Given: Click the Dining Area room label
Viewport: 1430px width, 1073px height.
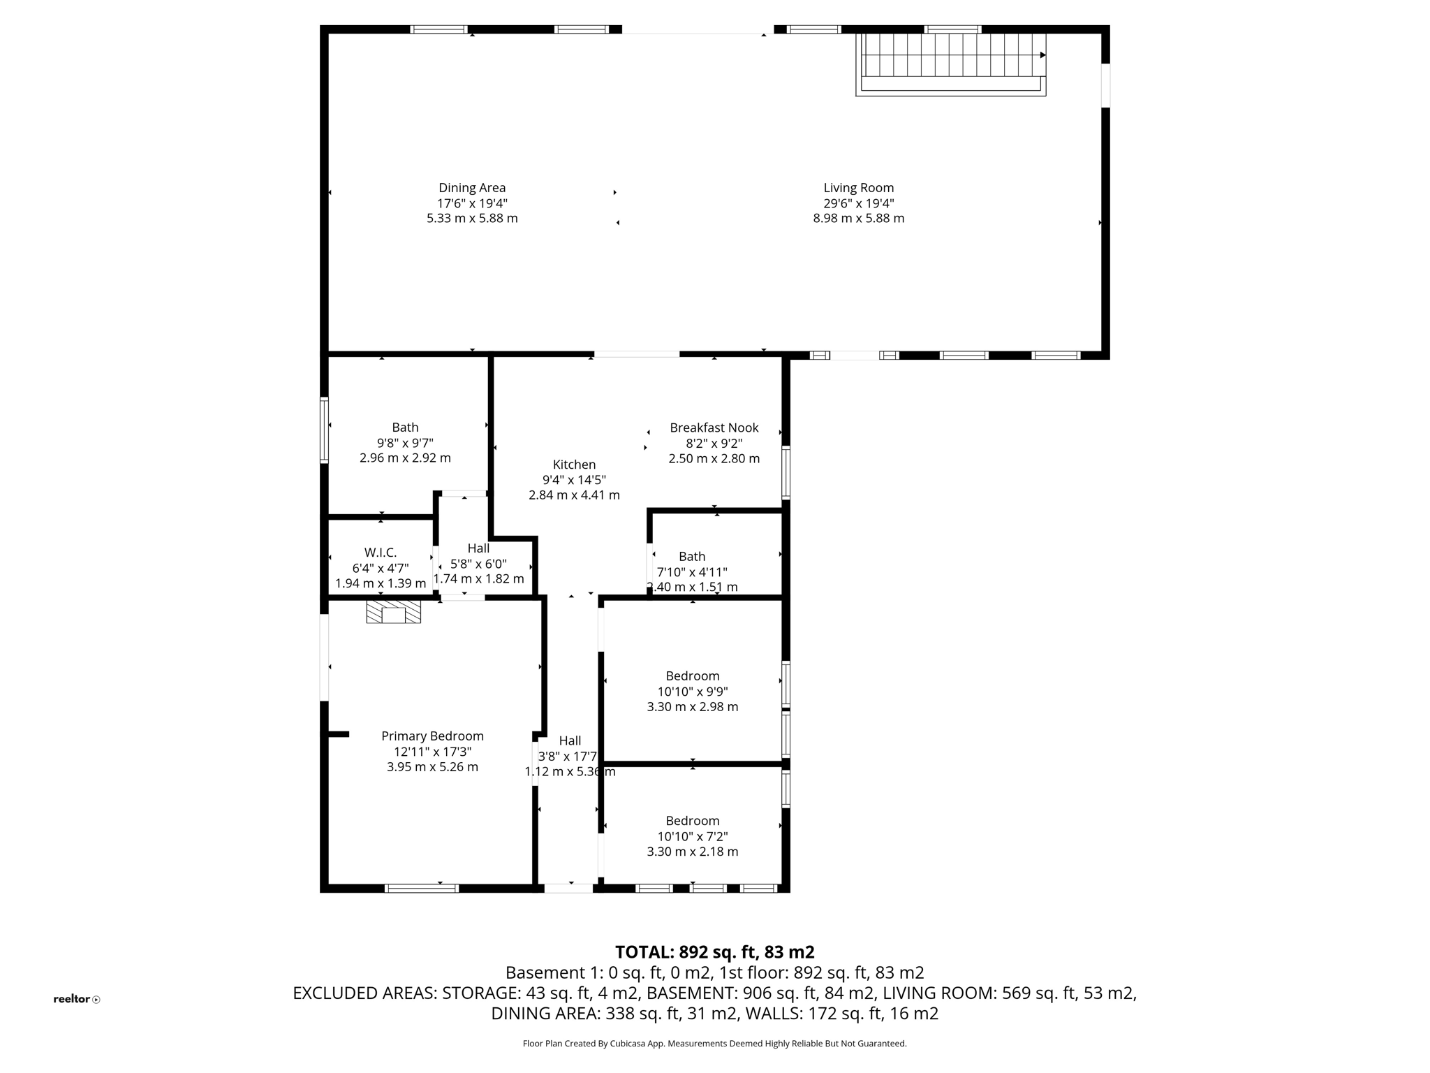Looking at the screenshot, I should point(472,188).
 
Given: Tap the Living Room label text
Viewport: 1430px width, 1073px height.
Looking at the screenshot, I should point(858,188).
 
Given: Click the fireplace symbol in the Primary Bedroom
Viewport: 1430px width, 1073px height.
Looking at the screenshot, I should point(394,612).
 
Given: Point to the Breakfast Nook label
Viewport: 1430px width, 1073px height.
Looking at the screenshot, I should point(714,428).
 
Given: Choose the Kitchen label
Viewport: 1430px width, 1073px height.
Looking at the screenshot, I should point(574,465).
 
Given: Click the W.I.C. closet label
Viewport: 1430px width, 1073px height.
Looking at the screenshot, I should point(381,553).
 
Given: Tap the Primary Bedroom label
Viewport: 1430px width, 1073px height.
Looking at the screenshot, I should point(432,736).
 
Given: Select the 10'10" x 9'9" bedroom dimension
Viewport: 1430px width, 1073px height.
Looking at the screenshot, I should point(692,692).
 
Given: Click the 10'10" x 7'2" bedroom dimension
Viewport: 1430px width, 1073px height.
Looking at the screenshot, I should point(692,836).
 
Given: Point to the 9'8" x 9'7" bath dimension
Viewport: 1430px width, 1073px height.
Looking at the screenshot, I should point(405,443).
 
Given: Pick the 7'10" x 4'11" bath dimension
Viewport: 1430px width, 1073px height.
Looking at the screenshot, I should point(692,572).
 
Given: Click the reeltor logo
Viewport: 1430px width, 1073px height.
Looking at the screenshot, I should point(76,999).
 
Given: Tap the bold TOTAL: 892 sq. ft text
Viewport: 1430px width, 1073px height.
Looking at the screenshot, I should point(714,952).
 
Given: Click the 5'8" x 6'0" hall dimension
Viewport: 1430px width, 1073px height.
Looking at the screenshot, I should point(478,564).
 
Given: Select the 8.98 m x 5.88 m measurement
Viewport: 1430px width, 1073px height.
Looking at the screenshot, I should point(858,218).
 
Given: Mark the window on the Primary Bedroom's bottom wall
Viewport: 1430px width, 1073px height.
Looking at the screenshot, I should point(422,889).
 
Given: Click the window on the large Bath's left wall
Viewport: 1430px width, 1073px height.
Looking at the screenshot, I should point(324,430).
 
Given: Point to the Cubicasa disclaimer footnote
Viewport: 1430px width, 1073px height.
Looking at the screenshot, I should point(714,1044).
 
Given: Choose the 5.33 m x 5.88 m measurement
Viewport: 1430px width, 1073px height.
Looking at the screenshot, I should point(472,218).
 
